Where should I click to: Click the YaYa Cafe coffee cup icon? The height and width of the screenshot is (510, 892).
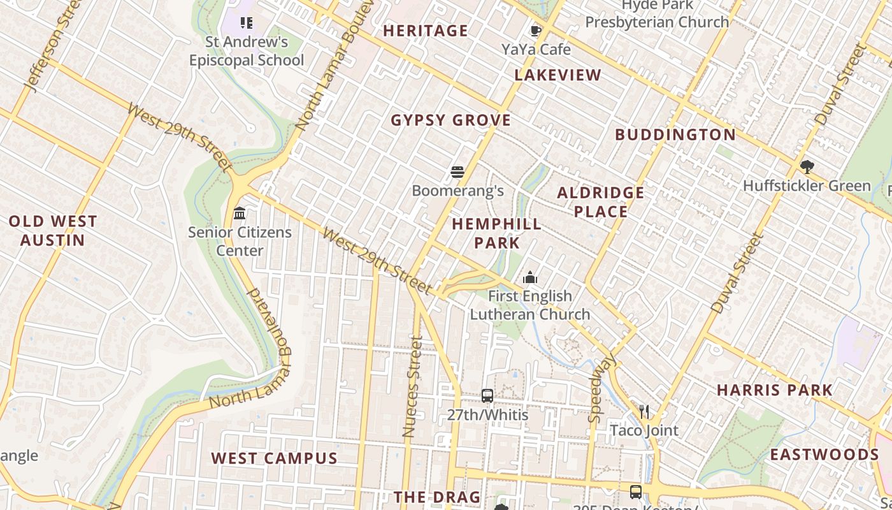tap(536, 31)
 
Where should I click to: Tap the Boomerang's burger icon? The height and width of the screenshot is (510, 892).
tap(457, 171)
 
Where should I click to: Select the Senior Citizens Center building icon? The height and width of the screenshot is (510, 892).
tap(240, 213)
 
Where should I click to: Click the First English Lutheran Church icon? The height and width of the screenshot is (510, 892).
tap(529, 277)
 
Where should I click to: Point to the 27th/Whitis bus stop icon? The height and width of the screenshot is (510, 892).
tap(487, 396)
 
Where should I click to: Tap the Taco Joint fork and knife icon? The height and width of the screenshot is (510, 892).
tap(644, 412)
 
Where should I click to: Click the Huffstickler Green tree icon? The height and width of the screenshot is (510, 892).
tap(807, 167)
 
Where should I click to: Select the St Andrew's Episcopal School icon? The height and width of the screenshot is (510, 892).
tap(247, 24)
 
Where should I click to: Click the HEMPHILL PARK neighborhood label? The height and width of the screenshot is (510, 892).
tap(497, 233)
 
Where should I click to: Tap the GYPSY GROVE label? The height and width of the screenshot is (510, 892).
tap(451, 120)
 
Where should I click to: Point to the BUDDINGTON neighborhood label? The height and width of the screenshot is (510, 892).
tap(675, 135)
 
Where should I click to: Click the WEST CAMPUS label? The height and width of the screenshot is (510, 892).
tap(274, 458)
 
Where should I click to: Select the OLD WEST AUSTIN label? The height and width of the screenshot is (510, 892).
tap(53, 231)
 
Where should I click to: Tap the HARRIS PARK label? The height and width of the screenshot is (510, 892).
tap(775, 390)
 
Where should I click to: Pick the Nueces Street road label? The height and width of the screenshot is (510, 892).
tap(413, 387)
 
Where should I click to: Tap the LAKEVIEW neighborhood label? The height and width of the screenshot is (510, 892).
tap(558, 75)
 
